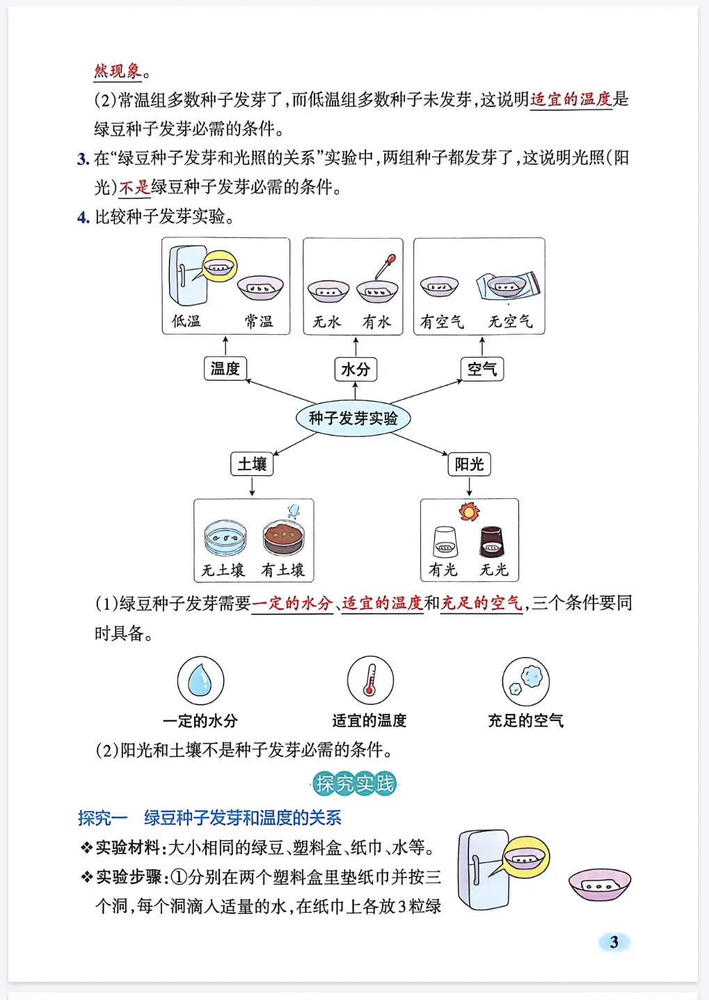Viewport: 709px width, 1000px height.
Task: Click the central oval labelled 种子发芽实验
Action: pos(353,418)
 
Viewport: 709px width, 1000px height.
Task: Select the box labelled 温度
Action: pos(225,368)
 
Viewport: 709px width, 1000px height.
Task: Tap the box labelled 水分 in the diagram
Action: pos(356,369)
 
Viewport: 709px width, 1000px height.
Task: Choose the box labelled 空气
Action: pos(481,369)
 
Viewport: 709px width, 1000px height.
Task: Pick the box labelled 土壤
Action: pos(252,463)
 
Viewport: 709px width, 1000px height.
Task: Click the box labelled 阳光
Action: pos(469,463)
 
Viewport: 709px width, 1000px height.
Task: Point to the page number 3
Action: pos(614,942)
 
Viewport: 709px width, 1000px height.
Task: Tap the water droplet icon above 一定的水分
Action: pos(200,680)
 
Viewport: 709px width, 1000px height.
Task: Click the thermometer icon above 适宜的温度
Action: pos(370,680)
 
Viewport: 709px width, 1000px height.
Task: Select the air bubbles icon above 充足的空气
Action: pos(526,681)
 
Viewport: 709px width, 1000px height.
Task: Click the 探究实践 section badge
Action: pos(355,784)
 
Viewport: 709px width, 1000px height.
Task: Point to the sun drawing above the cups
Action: pos(469,511)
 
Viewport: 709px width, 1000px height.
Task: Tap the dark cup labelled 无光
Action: pos(492,541)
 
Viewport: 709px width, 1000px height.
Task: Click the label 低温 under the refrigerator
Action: pos(186,322)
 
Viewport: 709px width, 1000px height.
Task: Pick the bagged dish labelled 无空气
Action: pos(508,285)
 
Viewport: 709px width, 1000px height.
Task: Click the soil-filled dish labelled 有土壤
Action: pos(284,537)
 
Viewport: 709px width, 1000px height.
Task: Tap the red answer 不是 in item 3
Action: pos(134,187)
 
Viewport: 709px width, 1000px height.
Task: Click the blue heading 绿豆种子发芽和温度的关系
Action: pos(242,818)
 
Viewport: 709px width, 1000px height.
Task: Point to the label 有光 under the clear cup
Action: pos(443,570)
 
